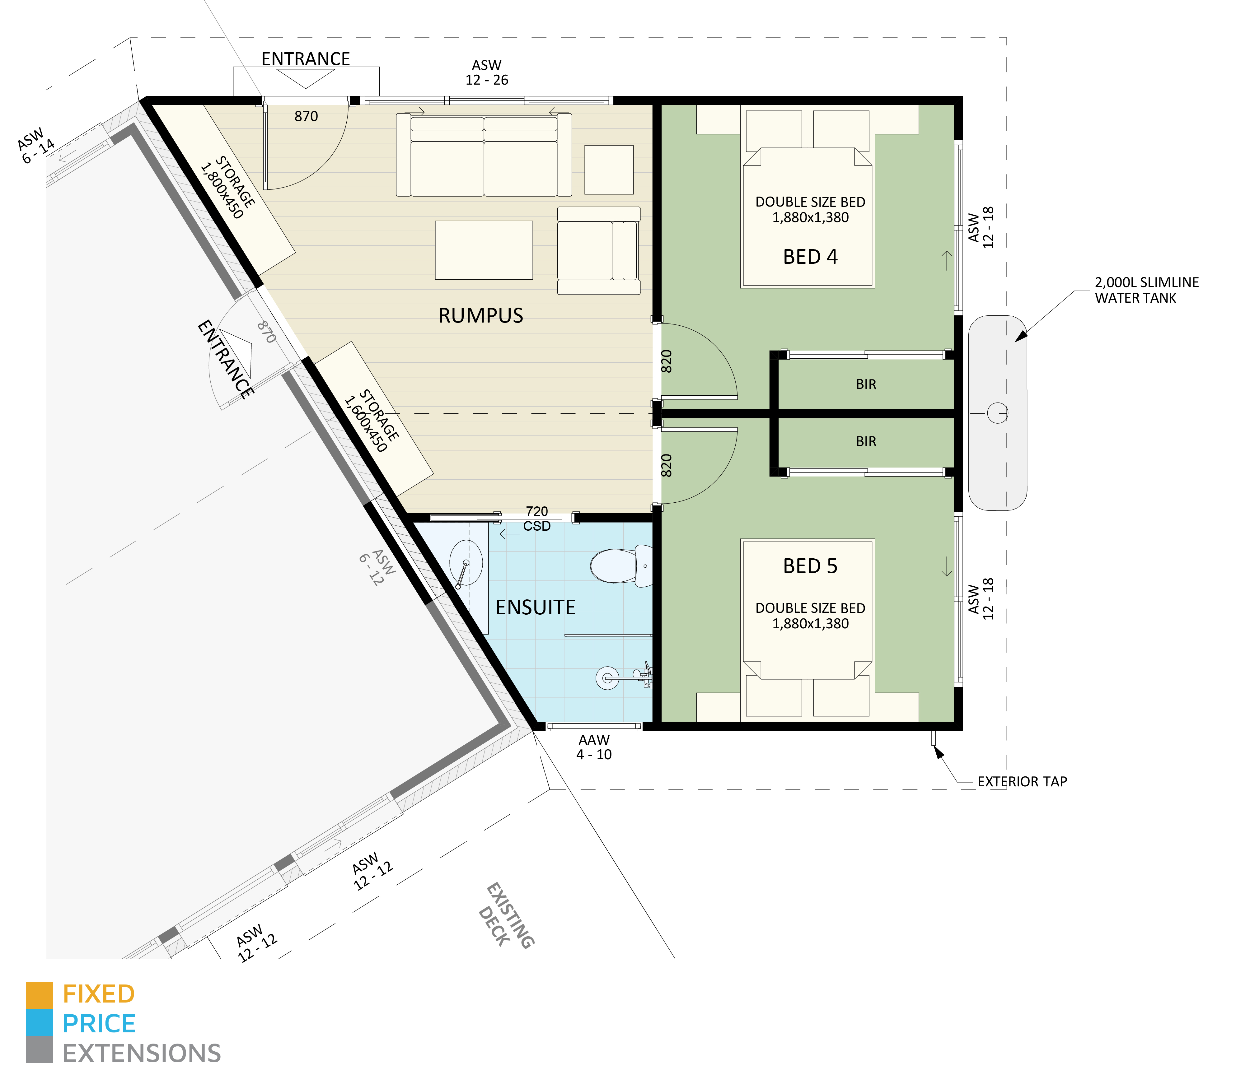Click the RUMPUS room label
coord(481,315)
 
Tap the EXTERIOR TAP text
coord(1022,781)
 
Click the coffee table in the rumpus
coord(484,249)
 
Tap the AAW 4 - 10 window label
coord(594,747)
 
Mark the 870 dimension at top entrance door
coord(306,116)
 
